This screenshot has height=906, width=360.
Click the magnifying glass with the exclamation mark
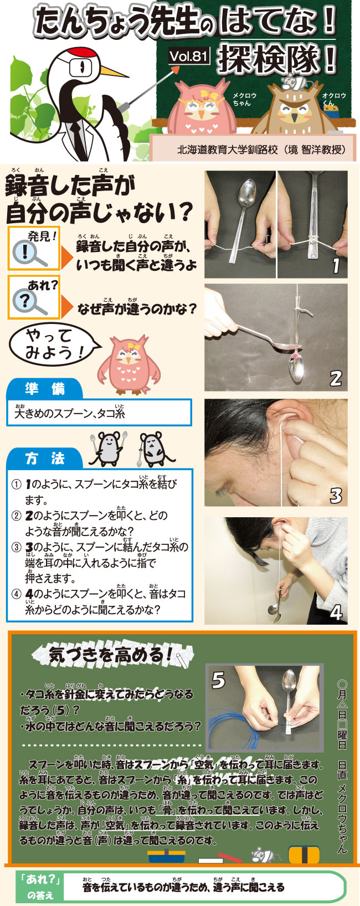pos(29,254)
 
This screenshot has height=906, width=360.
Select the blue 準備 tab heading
pos(44,389)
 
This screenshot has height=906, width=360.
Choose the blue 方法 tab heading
pos(44,459)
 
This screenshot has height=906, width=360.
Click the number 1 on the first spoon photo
pos(335,265)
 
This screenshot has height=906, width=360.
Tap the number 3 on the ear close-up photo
pos(336,495)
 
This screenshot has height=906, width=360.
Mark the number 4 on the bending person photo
pos(337,612)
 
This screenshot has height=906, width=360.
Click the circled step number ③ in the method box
pos(16,548)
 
